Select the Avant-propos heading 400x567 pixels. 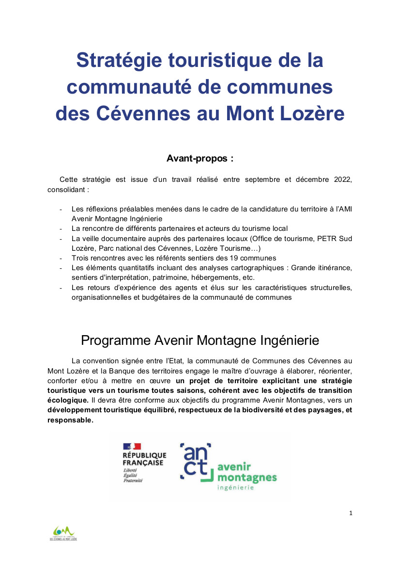[200, 159]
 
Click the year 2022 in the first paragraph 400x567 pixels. [341, 179]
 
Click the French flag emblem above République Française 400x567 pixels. [132, 446]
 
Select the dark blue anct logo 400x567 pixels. [196, 461]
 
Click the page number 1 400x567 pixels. [350, 513]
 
